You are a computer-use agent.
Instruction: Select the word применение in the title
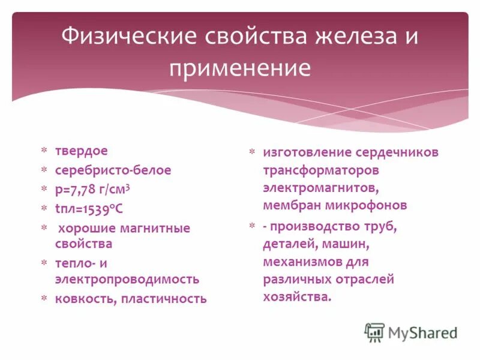240,68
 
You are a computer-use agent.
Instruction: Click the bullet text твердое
82,152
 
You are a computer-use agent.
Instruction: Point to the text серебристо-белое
113,170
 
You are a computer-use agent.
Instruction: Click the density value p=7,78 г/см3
93,189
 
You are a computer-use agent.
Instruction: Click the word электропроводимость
127,279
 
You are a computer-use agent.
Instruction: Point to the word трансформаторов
320,170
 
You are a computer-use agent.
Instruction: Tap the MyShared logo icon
374,332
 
